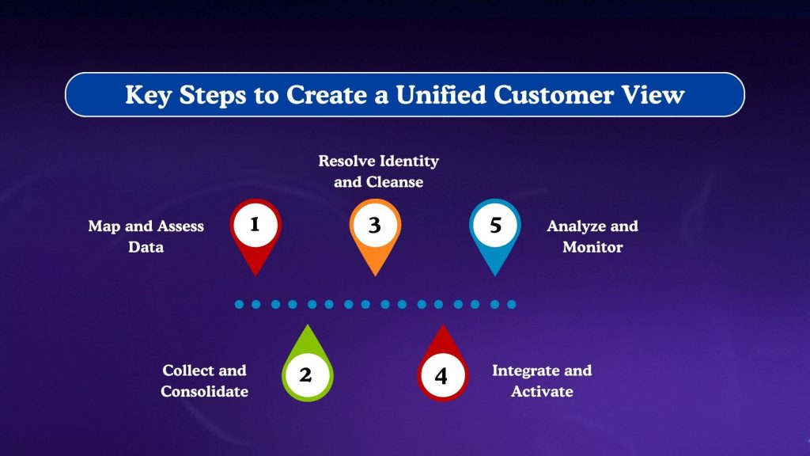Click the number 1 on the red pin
255,224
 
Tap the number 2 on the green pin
305,375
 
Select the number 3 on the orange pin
375,225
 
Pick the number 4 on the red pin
441,375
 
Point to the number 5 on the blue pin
495,225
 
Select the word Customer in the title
558,95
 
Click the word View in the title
655,95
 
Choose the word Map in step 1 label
104,226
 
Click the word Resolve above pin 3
348,161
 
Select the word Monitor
592,247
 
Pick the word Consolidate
204,391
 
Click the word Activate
542,391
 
